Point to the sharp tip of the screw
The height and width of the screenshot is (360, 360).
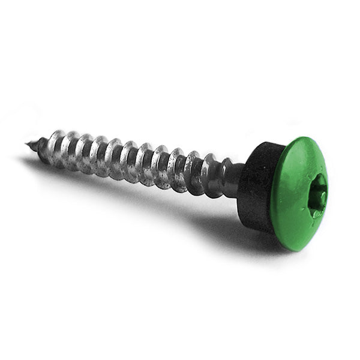[x=28, y=143]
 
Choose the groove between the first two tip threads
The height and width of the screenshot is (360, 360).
[x=49, y=147]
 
